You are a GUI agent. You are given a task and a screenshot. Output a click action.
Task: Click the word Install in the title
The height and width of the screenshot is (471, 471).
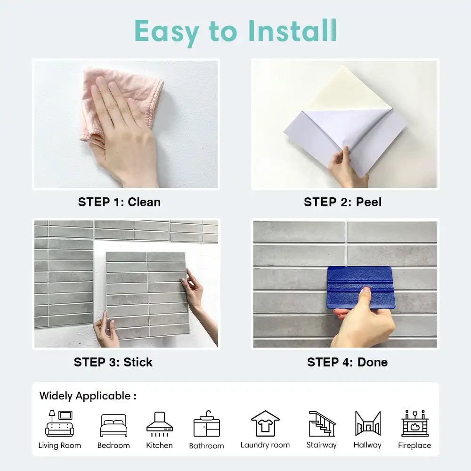[292, 31]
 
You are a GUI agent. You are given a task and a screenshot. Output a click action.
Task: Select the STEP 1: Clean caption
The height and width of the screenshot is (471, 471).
[119, 202]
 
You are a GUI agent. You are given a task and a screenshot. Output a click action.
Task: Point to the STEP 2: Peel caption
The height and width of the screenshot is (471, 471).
[343, 202]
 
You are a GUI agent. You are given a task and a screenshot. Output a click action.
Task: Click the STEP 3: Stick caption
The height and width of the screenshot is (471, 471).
[113, 362]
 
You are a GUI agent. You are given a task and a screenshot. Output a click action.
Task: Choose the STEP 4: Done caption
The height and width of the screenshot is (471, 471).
[347, 362]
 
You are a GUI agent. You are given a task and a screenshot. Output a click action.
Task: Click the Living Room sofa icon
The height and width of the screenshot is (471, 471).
[59, 423]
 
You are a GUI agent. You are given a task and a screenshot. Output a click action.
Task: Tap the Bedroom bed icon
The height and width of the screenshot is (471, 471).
[114, 425]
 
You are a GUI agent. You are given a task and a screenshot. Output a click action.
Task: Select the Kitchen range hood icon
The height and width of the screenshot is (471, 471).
[160, 424]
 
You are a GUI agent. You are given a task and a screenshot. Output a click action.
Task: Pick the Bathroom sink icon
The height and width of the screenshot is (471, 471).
[207, 423]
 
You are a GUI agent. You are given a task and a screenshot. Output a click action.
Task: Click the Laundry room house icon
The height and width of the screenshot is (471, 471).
[265, 423]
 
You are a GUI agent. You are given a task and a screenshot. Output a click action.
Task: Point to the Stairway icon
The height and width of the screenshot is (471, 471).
[322, 423]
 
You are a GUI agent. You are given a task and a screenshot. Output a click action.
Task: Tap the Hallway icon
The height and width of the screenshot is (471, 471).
[368, 423]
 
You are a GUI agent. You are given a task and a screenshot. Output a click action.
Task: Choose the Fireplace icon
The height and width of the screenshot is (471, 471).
[415, 423]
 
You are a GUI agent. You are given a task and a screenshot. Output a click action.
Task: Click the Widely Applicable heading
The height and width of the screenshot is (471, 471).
[88, 396]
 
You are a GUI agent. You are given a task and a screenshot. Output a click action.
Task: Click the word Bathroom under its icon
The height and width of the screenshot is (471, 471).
[207, 446]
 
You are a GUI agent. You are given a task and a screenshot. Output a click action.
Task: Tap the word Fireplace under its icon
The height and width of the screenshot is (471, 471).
[414, 446]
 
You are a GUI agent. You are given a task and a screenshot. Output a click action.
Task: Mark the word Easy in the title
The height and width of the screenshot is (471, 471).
[166, 32]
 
